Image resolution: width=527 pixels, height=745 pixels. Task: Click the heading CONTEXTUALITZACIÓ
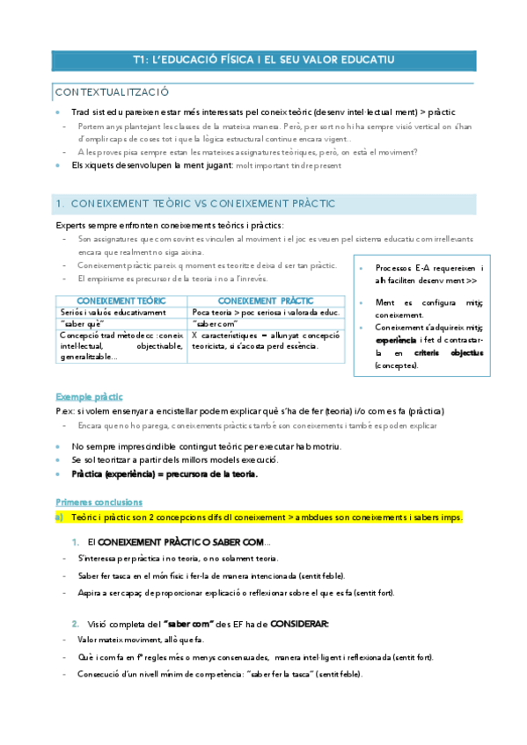pos(113,92)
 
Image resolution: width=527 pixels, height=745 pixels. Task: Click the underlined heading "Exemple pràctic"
pos(89,396)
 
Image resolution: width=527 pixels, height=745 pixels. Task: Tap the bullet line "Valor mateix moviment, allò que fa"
pos(142,640)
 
